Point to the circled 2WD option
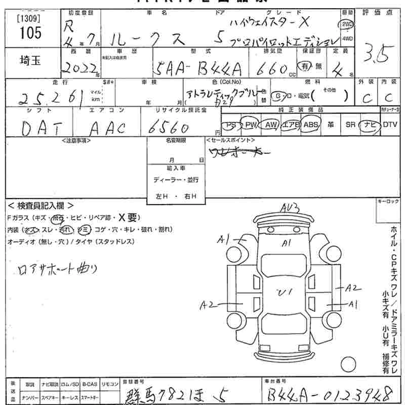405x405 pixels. [x=347, y=24]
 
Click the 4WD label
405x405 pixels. [x=347, y=38]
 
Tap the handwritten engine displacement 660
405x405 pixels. [x=273, y=68]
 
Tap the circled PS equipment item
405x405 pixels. [x=231, y=125]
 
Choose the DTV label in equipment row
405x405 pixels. [x=390, y=125]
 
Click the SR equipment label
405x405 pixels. [x=350, y=125]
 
